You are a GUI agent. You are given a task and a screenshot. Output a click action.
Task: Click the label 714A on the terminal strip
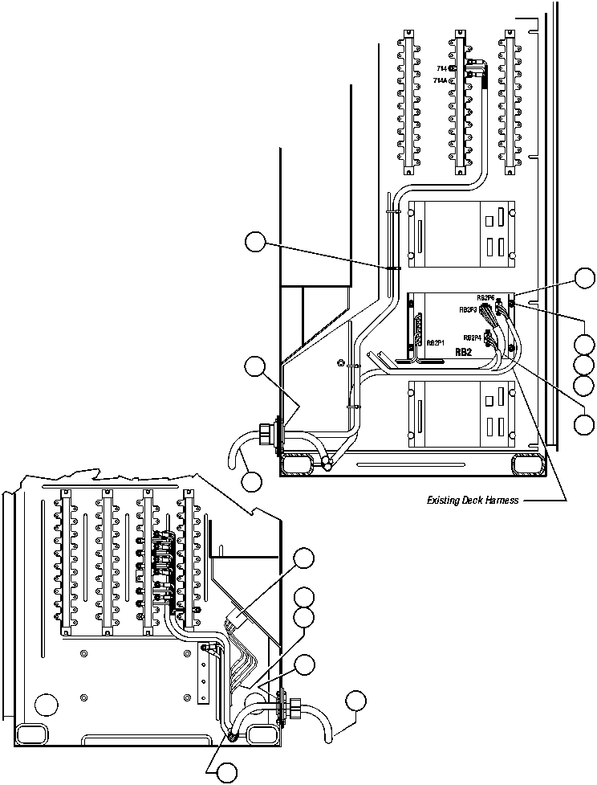coord(441,81)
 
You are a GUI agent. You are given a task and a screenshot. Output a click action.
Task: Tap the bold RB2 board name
coord(463,352)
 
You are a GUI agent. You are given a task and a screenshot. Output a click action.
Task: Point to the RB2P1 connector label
coord(437,342)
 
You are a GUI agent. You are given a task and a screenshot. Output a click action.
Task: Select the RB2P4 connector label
coord(472,337)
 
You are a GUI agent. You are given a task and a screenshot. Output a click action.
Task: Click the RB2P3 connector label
coord(469,309)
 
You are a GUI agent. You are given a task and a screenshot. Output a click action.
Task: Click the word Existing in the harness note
coord(442,501)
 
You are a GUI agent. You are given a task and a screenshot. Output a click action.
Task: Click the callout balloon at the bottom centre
coord(227,773)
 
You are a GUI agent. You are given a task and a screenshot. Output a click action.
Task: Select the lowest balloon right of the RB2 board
coord(584,423)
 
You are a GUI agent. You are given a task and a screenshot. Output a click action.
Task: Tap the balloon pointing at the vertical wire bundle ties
coord(255,241)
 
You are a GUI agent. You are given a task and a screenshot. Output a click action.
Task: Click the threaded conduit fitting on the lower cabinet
coord(294,709)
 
